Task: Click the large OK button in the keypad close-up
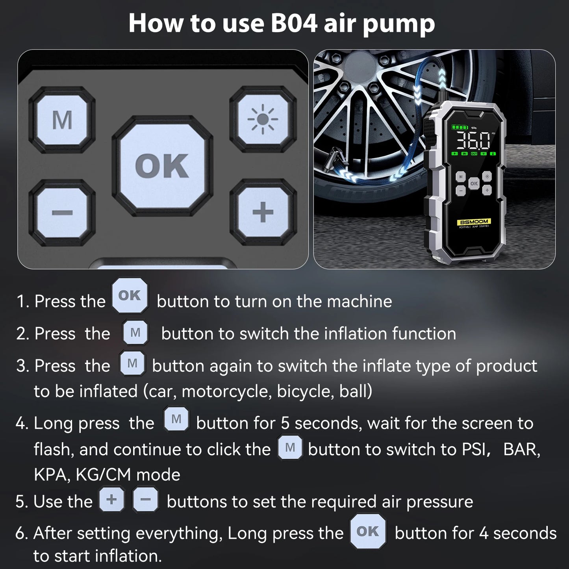point(162,166)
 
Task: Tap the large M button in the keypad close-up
point(62,120)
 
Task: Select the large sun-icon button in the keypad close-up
point(263,119)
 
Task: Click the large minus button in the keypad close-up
point(62,213)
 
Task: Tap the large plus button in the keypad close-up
point(263,213)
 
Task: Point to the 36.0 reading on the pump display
point(473,140)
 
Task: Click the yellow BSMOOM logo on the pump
point(474,222)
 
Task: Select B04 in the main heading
point(294,23)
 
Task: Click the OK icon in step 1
point(130,295)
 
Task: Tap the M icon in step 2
point(135,333)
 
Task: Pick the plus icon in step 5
point(112,499)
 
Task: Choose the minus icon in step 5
point(145,499)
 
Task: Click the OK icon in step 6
point(368,531)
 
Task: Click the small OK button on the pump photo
point(474,183)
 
